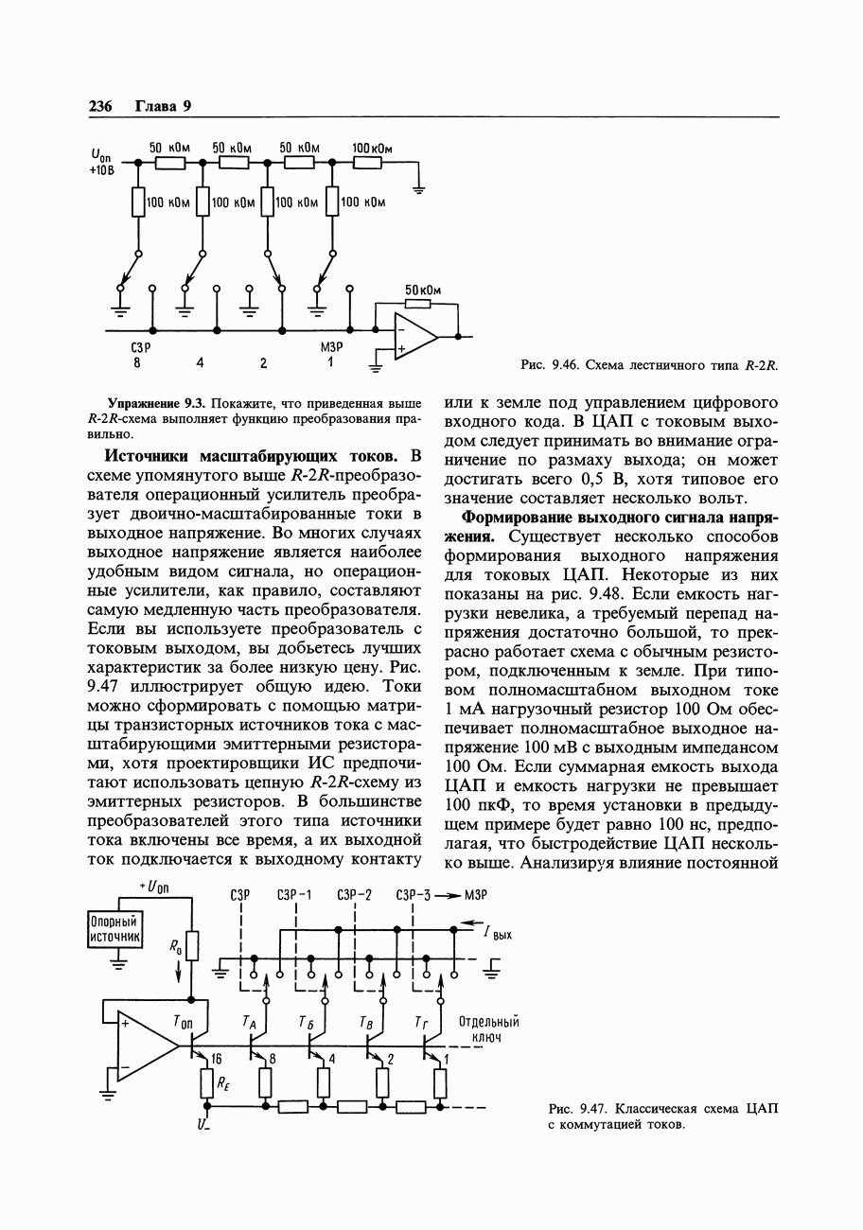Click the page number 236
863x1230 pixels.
click(x=99, y=106)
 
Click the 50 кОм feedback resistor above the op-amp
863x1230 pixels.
click(x=417, y=304)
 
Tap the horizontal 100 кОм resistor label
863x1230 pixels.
click(x=372, y=149)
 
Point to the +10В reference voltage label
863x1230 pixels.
click(x=101, y=171)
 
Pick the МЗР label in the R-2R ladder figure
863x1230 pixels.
click(x=330, y=347)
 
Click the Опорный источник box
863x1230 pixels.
click(x=114, y=928)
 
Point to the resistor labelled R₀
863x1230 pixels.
click(x=192, y=945)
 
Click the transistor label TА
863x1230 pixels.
click(x=249, y=1021)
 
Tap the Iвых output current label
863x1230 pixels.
click(x=498, y=934)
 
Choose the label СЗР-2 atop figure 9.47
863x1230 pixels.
click(x=355, y=894)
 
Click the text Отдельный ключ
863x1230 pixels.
click(x=488, y=1029)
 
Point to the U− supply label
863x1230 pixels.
click(x=203, y=1125)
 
